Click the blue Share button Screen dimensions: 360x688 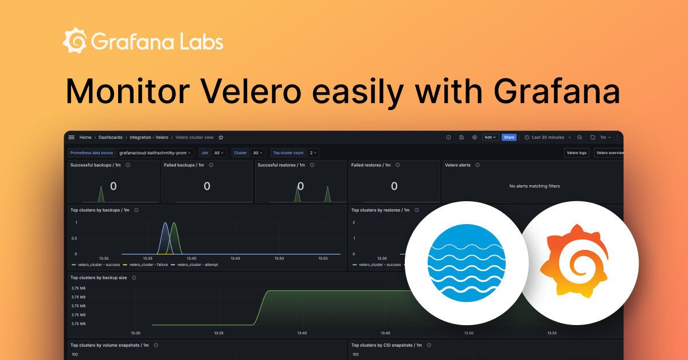click(x=509, y=138)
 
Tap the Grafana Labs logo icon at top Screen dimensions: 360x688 click(x=75, y=41)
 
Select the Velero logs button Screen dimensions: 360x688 click(x=576, y=153)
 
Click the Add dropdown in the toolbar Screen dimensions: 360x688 click(x=490, y=138)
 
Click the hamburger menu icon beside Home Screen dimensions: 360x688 click(x=72, y=138)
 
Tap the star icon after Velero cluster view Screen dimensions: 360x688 click(x=221, y=138)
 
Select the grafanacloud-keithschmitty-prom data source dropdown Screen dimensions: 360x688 click(x=155, y=153)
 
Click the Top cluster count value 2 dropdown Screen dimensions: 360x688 click(x=314, y=153)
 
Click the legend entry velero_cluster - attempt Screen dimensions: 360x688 click(x=194, y=265)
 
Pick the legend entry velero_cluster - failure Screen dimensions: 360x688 click(x=146, y=265)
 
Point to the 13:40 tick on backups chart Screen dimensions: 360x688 click(x=191, y=259)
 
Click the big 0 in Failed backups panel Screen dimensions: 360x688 click(x=207, y=186)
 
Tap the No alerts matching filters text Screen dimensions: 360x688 click(x=534, y=186)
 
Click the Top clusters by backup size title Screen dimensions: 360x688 click(x=99, y=277)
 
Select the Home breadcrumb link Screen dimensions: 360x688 click(x=85, y=138)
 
